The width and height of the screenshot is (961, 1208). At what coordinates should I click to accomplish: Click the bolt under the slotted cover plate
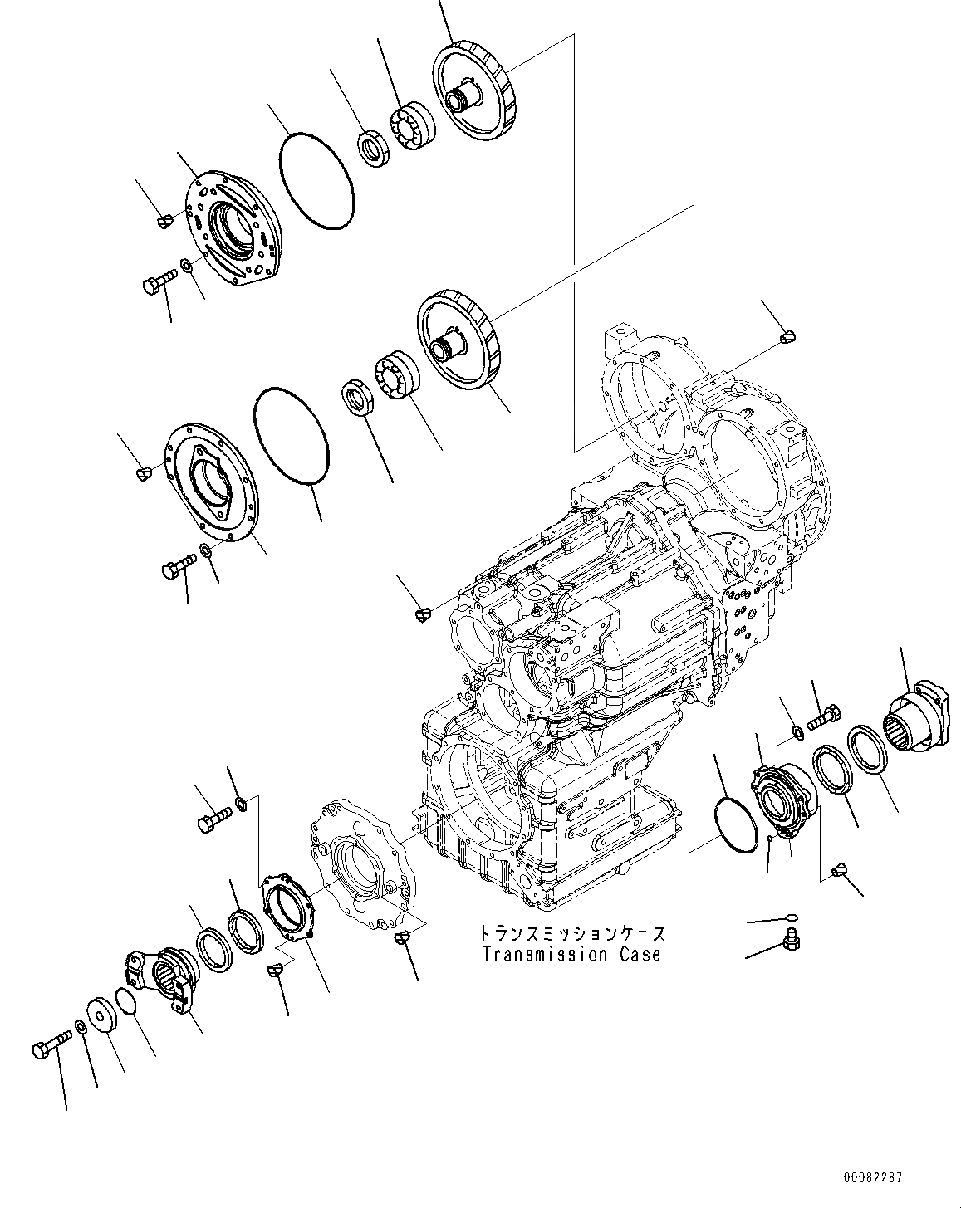click(x=159, y=282)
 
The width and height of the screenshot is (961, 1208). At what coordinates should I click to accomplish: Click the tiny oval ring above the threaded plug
click(x=791, y=917)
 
